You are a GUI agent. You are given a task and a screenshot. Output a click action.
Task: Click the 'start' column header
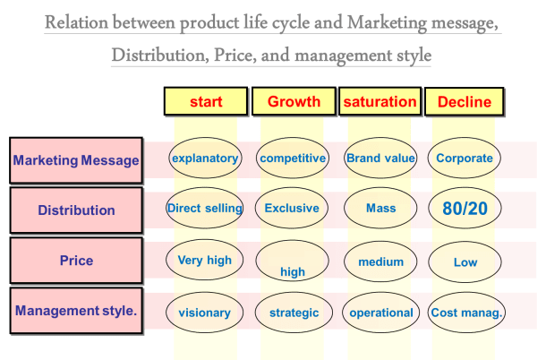click(206, 101)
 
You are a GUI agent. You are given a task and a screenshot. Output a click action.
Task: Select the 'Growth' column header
click(294, 101)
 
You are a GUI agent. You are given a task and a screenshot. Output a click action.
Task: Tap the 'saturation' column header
click(380, 101)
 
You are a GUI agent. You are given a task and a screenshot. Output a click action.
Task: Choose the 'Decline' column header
click(464, 101)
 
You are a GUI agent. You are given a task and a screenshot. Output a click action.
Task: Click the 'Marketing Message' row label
click(76, 160)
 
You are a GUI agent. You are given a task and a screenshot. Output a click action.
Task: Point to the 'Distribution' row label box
click(76, 210)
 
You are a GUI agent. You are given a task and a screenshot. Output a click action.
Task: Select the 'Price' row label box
click(76, 261)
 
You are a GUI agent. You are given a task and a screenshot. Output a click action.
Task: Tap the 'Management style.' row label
click(76, 312)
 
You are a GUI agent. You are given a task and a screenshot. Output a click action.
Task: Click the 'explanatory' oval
click(205, 159)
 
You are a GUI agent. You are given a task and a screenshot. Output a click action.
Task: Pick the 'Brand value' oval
click(380, 159)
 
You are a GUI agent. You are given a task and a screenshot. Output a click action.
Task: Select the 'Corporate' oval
click(465, 159)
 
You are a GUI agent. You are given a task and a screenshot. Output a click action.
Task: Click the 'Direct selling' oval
click(205, 209)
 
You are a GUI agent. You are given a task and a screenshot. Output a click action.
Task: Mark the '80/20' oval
click(465, 209)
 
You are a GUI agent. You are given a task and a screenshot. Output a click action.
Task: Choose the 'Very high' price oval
click(205, 261)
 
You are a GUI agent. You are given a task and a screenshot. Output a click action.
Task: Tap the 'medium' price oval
click(380, 261)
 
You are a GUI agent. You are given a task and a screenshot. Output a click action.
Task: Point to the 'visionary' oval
click(205, 313)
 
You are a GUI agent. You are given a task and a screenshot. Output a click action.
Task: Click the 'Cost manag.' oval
click(465, 313)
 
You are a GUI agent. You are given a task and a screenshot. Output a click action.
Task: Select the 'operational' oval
click(380, 313)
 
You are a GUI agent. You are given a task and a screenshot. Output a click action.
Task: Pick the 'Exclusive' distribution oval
click(292, 209)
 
